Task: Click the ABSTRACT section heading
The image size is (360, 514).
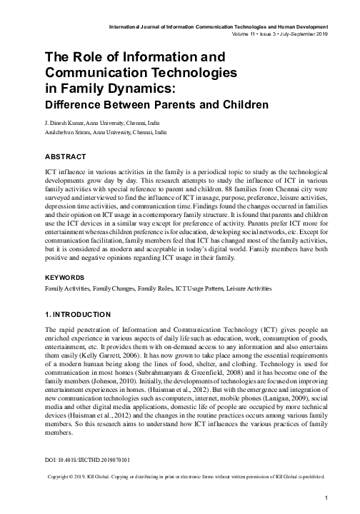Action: pos(65,156)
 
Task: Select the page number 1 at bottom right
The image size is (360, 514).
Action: pos(326,498)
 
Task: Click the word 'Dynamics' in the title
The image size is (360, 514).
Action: pos(139,88)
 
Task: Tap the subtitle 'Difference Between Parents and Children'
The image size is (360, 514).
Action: pos(146,105)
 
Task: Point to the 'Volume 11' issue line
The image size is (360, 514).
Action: pos(247,34)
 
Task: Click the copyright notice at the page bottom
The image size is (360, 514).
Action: pos(185,475)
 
